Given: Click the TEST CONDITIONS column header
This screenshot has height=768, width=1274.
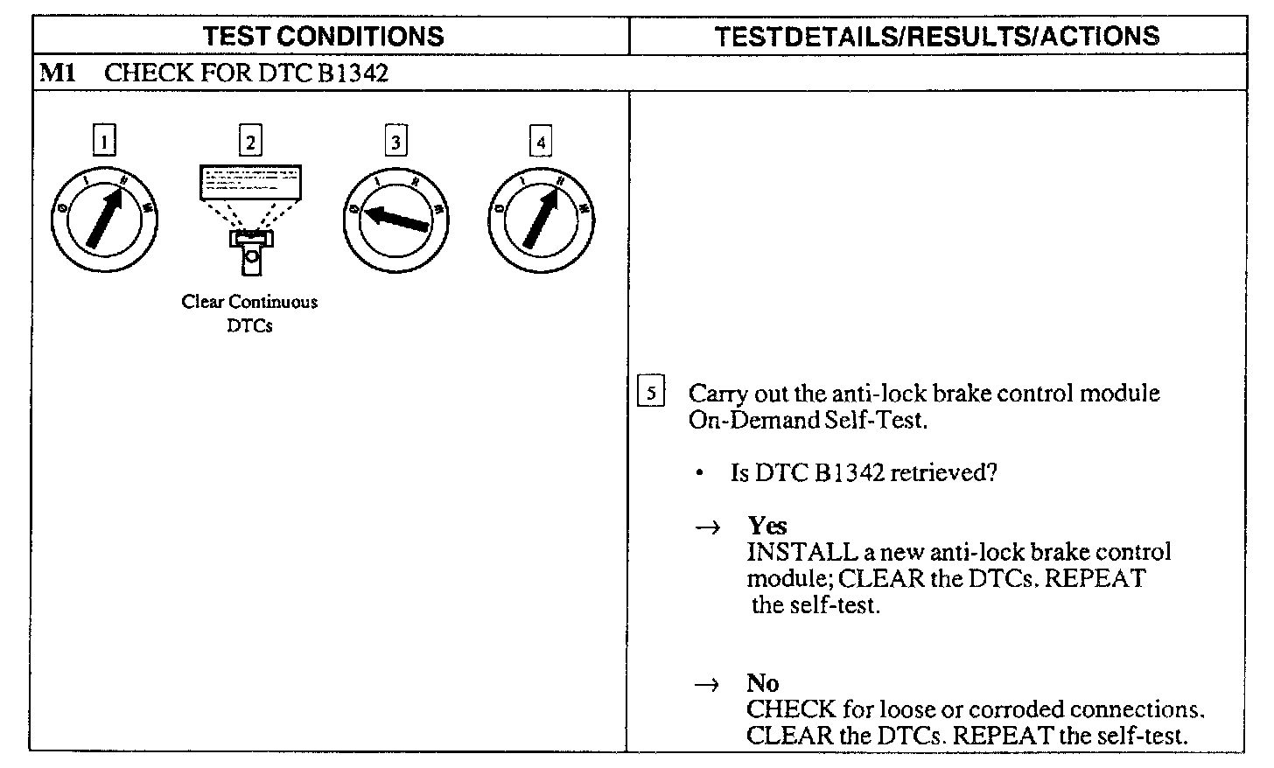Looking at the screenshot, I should (x=324, y=36).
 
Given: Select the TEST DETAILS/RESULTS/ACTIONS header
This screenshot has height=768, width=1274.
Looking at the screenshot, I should (x=936, y=36).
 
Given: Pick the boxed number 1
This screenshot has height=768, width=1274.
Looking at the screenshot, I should (x=104, y=141).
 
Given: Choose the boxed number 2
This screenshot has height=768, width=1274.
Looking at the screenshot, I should (x=250, y=141).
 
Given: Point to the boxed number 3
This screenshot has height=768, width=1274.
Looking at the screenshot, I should (x=396, y=141).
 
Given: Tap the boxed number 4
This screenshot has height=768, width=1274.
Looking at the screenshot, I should (x=542, y=141).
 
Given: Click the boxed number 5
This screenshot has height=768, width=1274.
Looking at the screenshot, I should (x=651, y=393).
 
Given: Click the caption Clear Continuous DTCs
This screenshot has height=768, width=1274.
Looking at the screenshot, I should (x=250, y=313).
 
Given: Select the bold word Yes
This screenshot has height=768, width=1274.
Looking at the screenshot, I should (x=767, y=526).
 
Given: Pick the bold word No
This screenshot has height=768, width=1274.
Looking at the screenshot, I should (x=763, y=683).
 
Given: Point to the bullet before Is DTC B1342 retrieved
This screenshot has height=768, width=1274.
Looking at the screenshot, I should (x=701, y=474).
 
